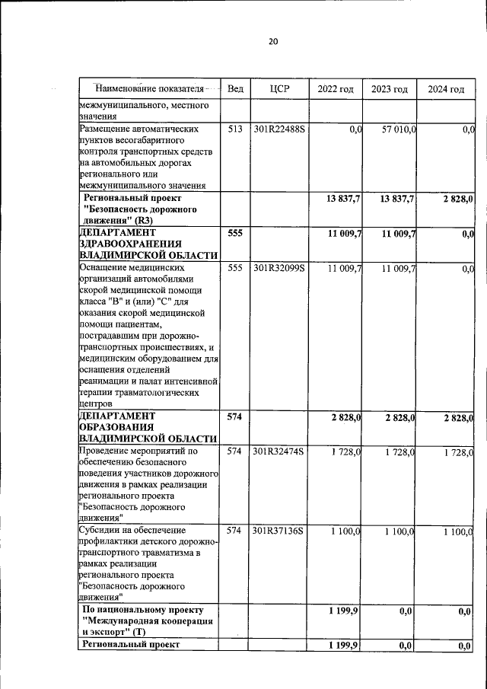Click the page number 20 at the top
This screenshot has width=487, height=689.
click(272, 41)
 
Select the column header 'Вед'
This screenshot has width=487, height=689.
click(235, 89)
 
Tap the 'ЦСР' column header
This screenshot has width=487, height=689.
click(279, 89)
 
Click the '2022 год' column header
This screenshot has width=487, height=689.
click(335, 89)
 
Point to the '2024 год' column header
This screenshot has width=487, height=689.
click(445, 89)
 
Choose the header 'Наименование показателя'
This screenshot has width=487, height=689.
click(149, 88)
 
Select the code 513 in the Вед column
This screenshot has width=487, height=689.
click(235, 130)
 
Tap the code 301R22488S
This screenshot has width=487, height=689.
click(279, 130)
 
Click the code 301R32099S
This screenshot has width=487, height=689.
click(279, 269)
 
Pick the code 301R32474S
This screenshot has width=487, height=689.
click(279, 452)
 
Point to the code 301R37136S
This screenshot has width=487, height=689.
click(279, 531)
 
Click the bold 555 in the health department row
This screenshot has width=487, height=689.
click(235, 233)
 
